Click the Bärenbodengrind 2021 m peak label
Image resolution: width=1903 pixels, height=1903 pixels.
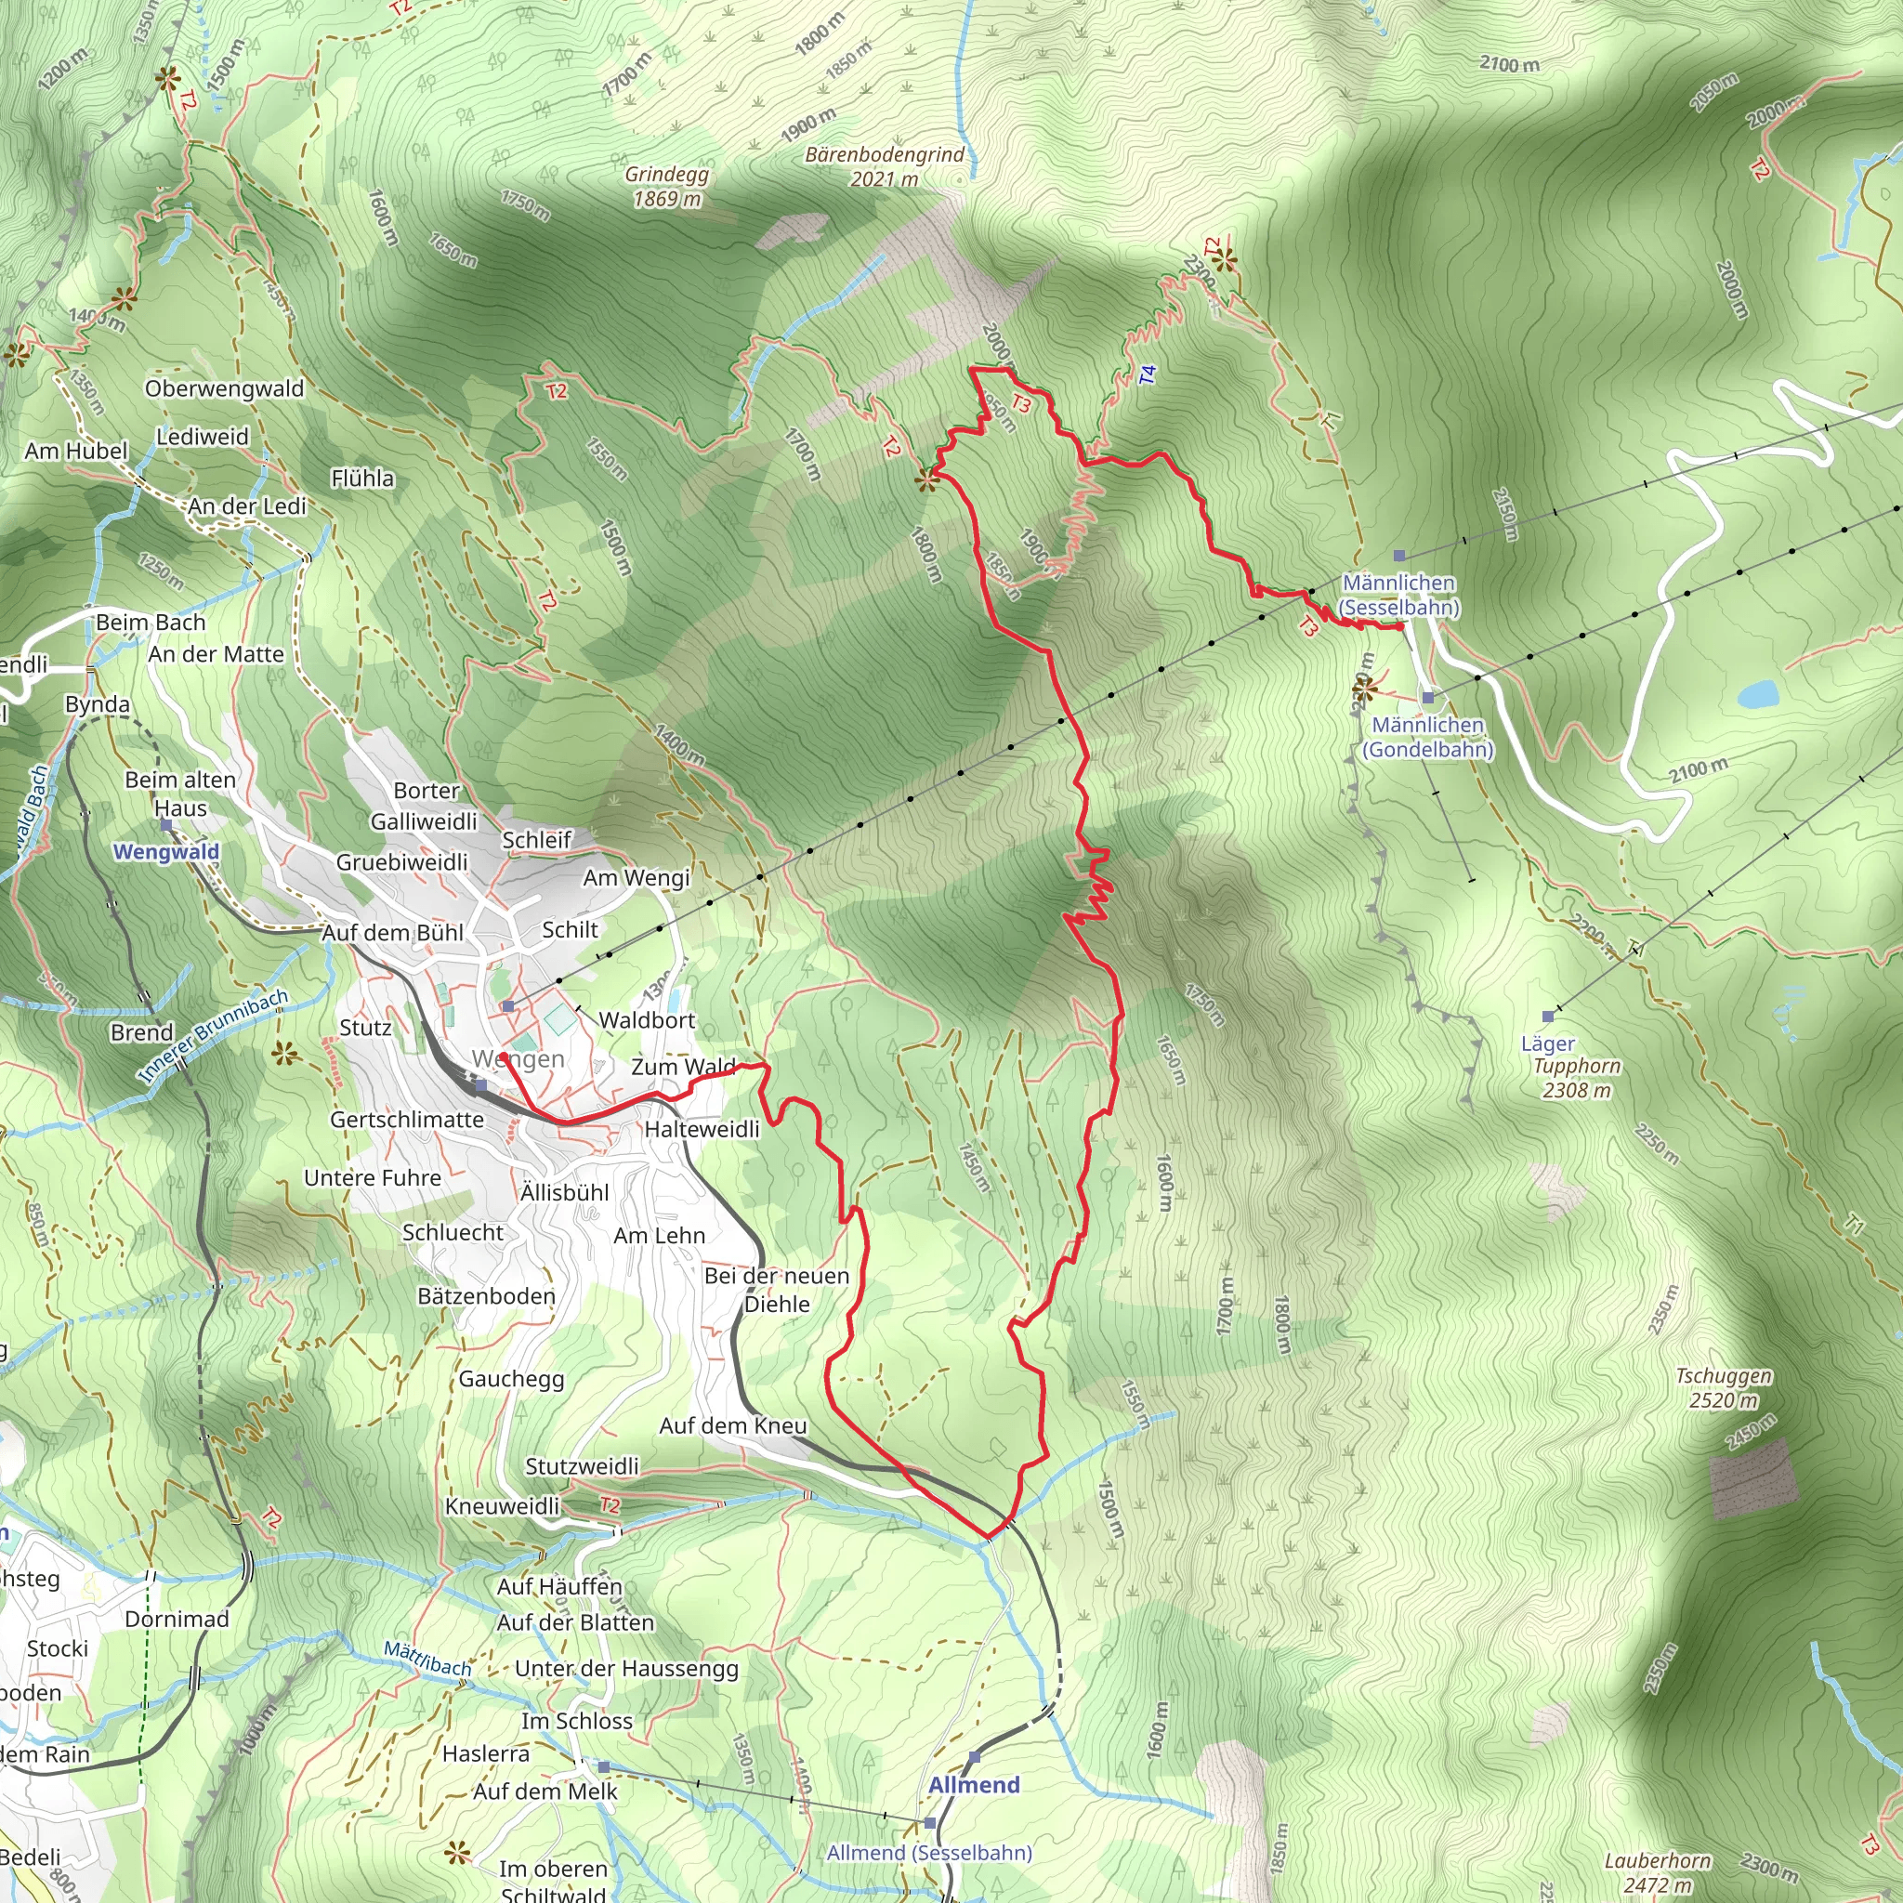(885, 166)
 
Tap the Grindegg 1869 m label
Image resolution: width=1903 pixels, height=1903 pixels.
(667, 186)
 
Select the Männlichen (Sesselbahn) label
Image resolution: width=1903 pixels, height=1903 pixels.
(1398, 595)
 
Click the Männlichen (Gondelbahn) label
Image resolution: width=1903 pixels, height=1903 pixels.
(1427, 737)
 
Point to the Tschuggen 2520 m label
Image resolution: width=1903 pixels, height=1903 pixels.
(1724, 1388)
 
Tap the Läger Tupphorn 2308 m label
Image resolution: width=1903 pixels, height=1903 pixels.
(1574, 1066)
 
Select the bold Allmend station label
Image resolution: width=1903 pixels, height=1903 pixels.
(973, 1785)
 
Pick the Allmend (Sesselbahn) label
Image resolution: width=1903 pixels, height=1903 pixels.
(929, 1853)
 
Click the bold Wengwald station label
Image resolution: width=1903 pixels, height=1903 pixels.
(166, 852)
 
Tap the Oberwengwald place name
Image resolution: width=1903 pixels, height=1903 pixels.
(225, 389)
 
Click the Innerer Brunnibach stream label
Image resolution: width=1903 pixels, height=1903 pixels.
(213, 1036)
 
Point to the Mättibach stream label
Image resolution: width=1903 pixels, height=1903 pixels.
(427, 1659)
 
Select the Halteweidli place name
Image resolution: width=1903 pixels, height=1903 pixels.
(702, 1129)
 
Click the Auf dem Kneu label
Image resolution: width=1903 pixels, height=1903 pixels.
(733, 1425)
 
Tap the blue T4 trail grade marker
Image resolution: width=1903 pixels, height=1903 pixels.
(1148, 375)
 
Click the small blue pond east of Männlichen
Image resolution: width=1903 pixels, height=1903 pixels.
(1756, 694)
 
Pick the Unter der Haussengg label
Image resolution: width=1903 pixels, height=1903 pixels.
(626, 1669)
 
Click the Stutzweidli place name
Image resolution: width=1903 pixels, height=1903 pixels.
(581, 1466)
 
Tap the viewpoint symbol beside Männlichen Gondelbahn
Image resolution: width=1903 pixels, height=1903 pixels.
(1363, 689)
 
